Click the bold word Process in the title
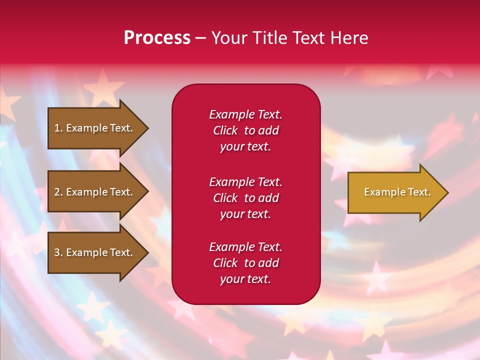[157, 38]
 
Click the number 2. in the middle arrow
[58, 192]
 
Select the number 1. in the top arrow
[58, 128]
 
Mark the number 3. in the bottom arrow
[58, 252]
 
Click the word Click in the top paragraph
[225, 130]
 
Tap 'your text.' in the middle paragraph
[245, 214]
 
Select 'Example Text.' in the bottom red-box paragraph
[245, 247]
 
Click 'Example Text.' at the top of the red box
[245, 114]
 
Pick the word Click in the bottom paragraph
[225, 263]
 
